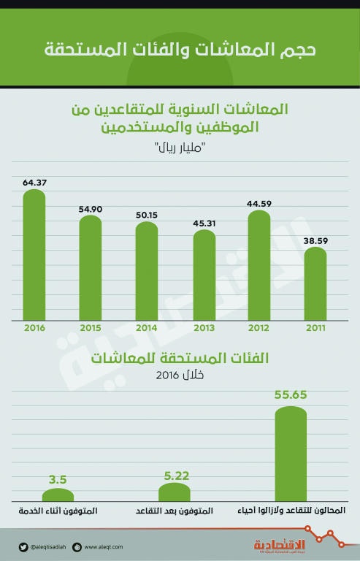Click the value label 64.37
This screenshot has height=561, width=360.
click(34, 182)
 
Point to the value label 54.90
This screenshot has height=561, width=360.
click(91, 209)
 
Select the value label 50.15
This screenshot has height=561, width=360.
click(147, 215)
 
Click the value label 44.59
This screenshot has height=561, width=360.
click(259, 204)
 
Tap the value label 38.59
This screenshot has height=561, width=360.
click(315, 240)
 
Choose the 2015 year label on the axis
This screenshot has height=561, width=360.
click(91, 328)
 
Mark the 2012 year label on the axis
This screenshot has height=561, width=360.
click(259, 328)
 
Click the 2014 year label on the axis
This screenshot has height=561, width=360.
click(147, 328)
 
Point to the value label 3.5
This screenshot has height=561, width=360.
click(58, 481)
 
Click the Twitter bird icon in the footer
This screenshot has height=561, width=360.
click(23, 546)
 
